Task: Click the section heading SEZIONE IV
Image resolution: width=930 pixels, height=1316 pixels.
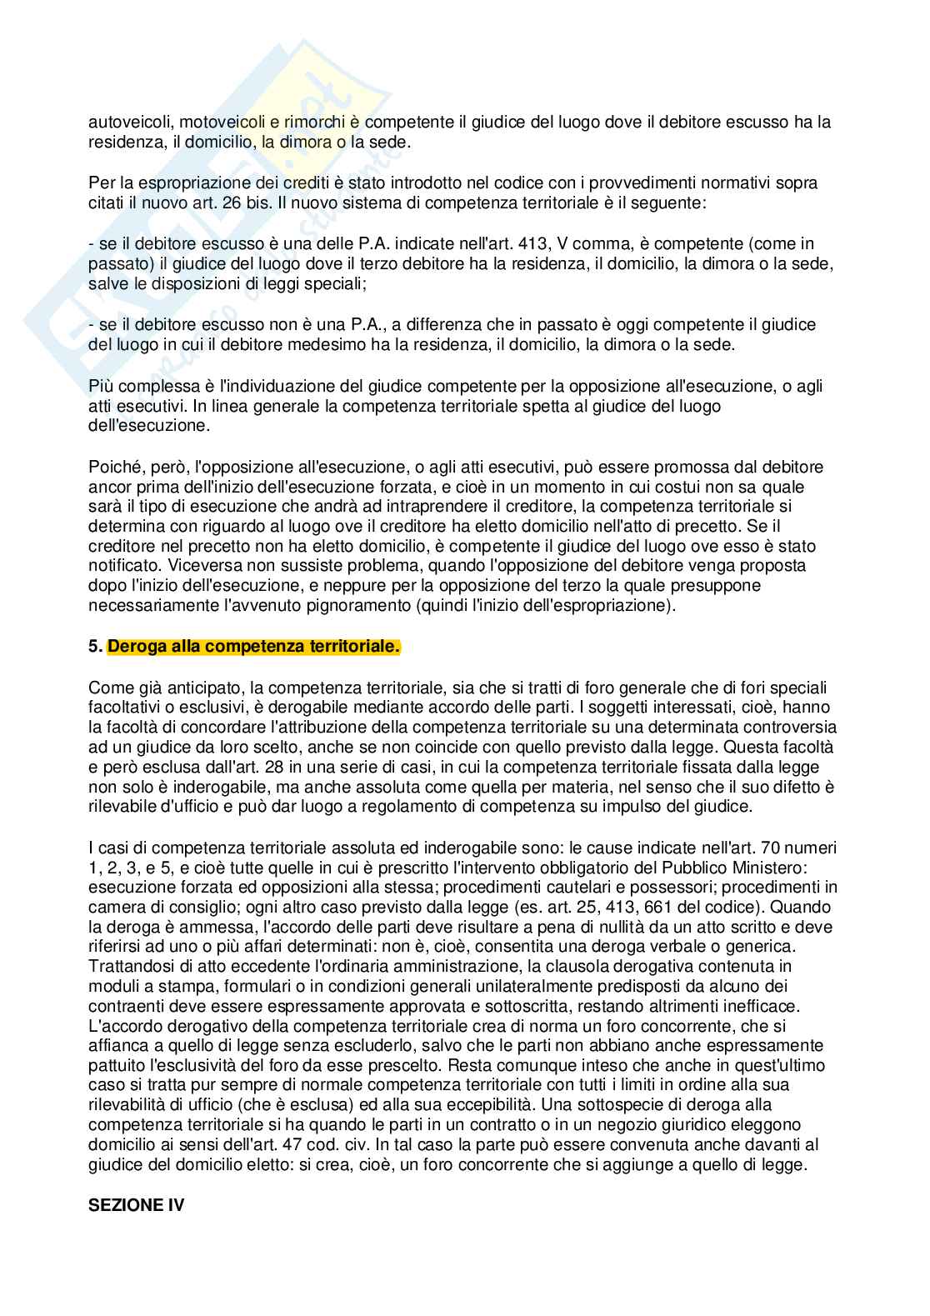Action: click(136, 1205)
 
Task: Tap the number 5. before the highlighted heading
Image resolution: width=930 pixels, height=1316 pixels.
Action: click(96, 647)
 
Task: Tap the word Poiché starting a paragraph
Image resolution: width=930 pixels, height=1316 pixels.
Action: click(115, 467)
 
